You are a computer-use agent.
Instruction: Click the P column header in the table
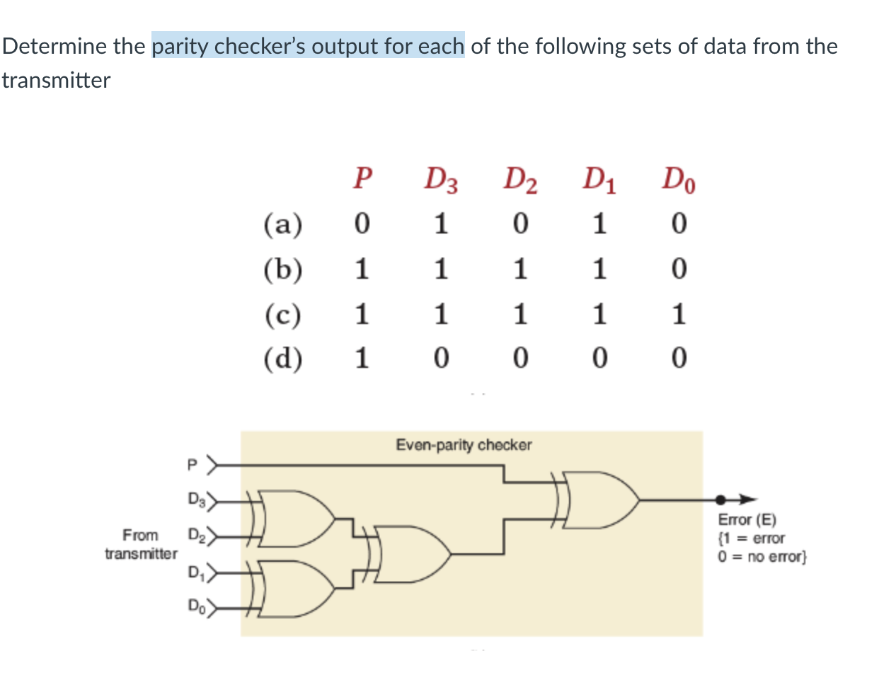click(x=362, y=178)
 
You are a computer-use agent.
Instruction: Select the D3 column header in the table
click(x=440, y=180)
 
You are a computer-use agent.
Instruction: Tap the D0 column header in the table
click(x=678, y=180)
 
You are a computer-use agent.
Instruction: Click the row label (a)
click(x=282, y=224)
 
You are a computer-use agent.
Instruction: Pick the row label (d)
click(x=282, y=359)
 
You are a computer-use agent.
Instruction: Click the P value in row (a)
click(x=362, y=224)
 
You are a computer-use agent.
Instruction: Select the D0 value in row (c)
click(x=678, y=314)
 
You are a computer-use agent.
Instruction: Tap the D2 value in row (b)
click(x=520, y=269)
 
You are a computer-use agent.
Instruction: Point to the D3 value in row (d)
click(x=440, y=359)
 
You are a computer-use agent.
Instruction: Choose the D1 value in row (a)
click(x=599, y=224)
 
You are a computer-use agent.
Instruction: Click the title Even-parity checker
click(x=464, y=445)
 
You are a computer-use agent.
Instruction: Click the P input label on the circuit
click(x=190, y=466)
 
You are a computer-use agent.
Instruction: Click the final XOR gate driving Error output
click(x=602, y=500)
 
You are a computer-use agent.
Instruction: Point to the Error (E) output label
click(x=747, y=519)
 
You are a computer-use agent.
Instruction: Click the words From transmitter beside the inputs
click(x=141, y=544)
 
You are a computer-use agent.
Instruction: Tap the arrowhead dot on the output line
click(x=720, y=500)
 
